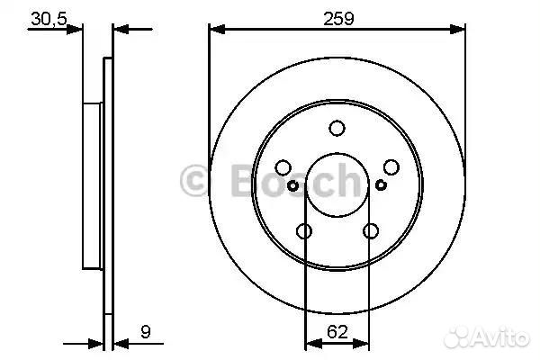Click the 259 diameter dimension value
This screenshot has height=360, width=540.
coord(338,19)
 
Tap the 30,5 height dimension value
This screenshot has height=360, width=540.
coord(49,19)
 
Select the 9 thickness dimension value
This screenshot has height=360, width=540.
coord(146,332)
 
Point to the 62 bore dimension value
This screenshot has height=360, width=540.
coord(337,332)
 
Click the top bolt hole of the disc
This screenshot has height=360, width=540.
coord(337,128)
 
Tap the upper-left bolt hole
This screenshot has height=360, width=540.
coord(283,167)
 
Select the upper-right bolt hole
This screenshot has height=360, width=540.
coord(391,167)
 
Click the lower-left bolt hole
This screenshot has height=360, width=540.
coord(304,230)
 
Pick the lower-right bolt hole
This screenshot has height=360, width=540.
coord(371,230)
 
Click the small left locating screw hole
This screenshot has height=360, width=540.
coord(292,186)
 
